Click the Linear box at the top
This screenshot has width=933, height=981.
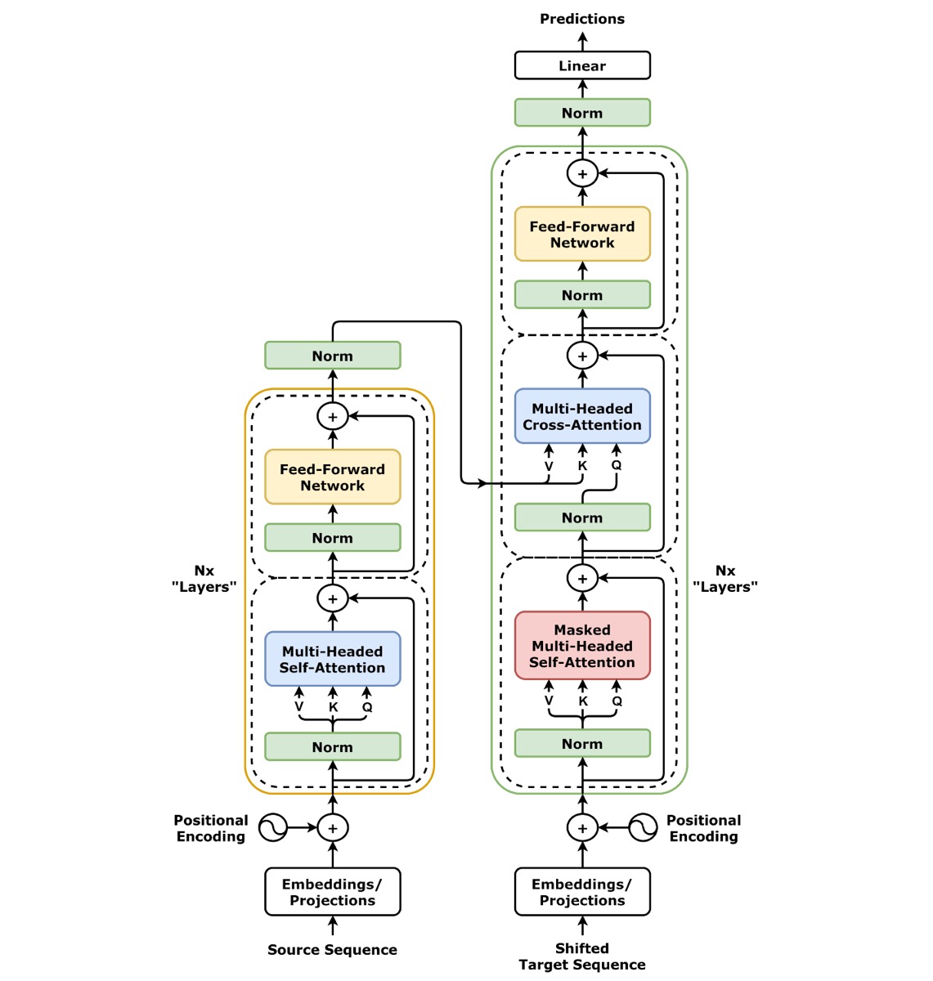(x=582, y=65)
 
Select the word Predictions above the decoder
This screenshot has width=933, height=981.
(x=582, y=19)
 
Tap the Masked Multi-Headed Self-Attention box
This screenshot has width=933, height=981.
(x=582, y=646)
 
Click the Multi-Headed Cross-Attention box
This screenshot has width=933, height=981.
(x=582, y=416)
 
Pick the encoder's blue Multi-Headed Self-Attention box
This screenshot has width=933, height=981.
(x=332, y=659)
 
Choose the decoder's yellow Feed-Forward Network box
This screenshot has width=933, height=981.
(x=582, y=234)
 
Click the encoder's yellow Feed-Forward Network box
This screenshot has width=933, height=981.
(x=332, y=477)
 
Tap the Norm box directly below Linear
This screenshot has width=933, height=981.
(x=582, y=113)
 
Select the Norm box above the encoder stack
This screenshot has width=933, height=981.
(x=332, y=356)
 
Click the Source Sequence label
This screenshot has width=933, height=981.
(x=332, y=949)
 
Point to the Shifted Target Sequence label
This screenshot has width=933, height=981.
(x=582, y=956)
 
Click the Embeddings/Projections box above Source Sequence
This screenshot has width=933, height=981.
(x=332, y=892)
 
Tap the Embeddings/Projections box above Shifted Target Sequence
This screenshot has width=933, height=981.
(x=582, y=892)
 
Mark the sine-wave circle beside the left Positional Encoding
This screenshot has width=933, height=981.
(x=273, y=827)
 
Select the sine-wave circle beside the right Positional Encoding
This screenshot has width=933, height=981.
(x=643, y=827)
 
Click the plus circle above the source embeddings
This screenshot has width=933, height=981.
(x=332, y=827)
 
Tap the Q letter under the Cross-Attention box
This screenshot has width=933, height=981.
(x=617, y=465)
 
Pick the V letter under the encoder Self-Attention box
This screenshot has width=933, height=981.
(x=299, y=707)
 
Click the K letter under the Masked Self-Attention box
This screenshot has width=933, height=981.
(x=583, y=701)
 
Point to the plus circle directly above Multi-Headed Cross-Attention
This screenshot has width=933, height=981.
(x=582, y=356)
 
